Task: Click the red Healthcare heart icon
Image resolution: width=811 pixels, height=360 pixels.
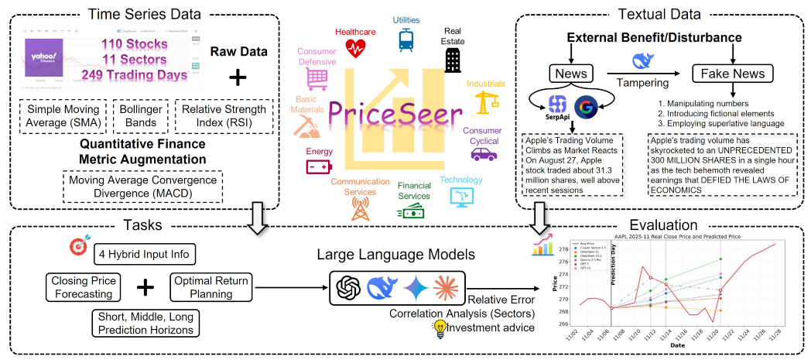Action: coord(356,49)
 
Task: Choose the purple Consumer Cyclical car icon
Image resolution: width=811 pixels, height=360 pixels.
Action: coord(484,154)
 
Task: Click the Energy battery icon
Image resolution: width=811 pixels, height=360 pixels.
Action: coord(318,166)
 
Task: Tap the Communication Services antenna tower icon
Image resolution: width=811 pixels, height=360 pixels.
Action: coord(358,207)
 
